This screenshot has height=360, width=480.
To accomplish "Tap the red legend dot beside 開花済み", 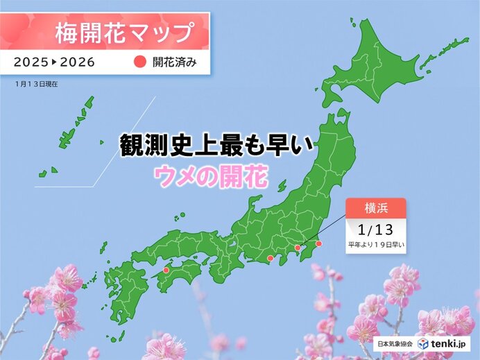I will [137, 61].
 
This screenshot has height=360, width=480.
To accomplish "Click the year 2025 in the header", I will [30, 61].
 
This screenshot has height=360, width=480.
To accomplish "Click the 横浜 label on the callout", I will [375, 207].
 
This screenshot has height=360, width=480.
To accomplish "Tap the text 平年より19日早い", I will [375, 244].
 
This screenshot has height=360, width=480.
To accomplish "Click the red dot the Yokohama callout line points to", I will [298, 248].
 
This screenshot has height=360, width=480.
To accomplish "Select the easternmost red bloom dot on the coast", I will [319, 243].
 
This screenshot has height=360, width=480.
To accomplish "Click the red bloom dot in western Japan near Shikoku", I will [166, 271].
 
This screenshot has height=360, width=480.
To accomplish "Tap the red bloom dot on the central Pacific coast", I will [270, 259].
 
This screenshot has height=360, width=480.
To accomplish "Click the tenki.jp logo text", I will [451, 343].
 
